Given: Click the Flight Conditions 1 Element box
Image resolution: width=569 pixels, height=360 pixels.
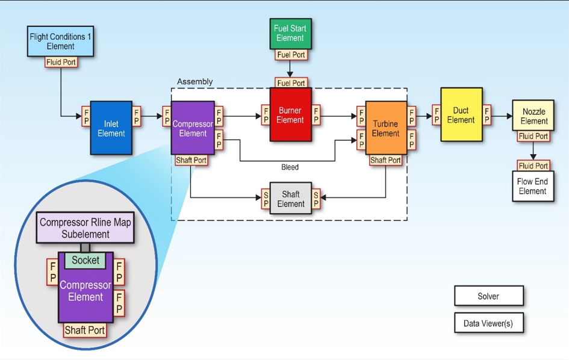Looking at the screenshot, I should (60, 41).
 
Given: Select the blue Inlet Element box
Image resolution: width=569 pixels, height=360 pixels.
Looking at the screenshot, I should (111, 128).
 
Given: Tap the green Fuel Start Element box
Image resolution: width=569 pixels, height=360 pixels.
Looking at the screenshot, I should (290, 33).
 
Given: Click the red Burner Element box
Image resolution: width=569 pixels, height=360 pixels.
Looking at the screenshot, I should (290, 115).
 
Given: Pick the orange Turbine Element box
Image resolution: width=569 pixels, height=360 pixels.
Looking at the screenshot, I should (385, 128).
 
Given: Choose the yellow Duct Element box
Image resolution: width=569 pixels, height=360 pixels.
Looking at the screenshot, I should (461, 114).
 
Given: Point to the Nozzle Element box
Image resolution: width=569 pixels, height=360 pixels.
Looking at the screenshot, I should (533, 116).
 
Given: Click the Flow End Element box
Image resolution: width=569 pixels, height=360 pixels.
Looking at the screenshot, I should (532, 187).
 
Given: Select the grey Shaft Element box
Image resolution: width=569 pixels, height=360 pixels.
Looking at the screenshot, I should (291, 199).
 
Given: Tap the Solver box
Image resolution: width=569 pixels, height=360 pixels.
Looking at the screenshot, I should (488, 296).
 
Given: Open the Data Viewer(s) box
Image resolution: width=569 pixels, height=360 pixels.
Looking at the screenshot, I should (488, 323).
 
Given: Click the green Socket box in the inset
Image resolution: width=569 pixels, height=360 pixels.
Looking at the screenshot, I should (85, 261).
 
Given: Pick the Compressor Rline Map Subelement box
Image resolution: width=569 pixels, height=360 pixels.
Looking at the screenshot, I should (86, 228).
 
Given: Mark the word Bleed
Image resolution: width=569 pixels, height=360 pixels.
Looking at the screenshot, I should (290, 167).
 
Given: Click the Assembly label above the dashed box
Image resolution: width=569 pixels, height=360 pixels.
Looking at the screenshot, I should (194, 82).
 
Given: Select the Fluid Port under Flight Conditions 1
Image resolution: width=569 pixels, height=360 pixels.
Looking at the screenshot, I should (61, 62).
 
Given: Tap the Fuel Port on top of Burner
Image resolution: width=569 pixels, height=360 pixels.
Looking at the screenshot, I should (291, 83).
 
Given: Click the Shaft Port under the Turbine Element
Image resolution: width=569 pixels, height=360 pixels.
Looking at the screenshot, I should (385, 160).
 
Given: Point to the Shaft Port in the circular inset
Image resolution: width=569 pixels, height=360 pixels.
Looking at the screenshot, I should (85, 330).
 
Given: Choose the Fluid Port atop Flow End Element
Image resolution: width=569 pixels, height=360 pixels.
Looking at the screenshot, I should (533, 166).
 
